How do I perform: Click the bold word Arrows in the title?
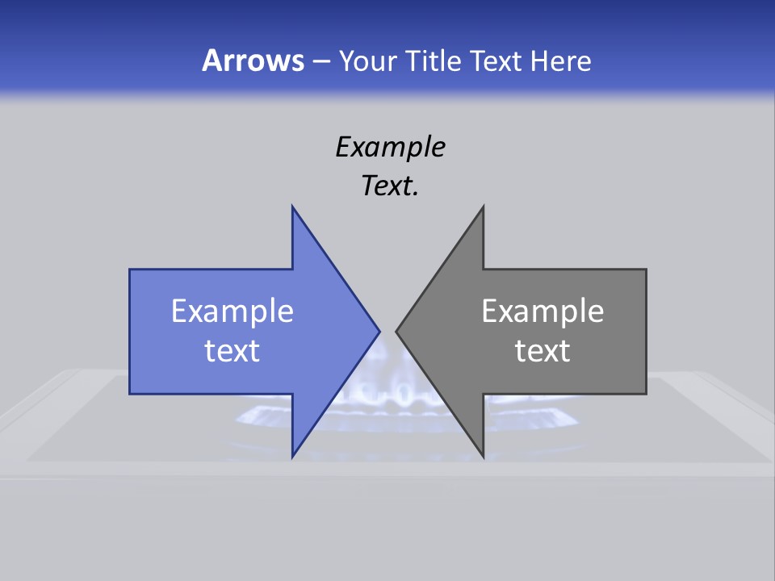tap(253, 61)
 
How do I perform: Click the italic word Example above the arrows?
tap(390, 147)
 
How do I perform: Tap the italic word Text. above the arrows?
tap(390, 186)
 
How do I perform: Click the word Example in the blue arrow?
tap(232, 311)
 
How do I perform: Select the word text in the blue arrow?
tap(232, 351)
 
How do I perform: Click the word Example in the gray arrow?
tap(542, 311)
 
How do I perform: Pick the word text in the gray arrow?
tap(542, 351)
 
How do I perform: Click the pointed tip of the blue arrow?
tap(379, 331)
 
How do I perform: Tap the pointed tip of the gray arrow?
tap(396, 331)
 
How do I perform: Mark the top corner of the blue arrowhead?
tap(292, 207)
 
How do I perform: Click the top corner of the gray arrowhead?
tap(483, 207)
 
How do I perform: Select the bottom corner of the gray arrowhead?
tap(483, 458)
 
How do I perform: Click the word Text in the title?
tap(497, 61)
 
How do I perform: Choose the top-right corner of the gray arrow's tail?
tap(646, 270)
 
